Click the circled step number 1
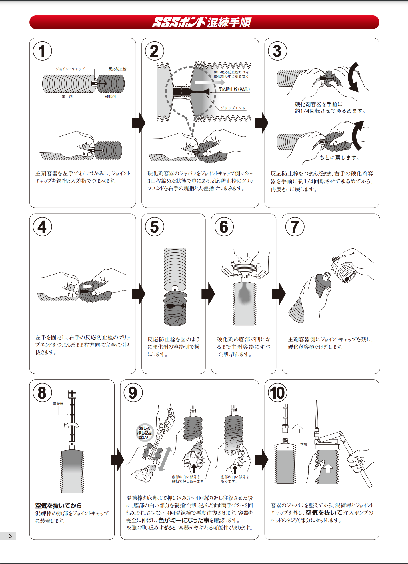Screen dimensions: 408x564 click(x=42, y=51)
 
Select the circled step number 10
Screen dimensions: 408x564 click(x=277, y=393)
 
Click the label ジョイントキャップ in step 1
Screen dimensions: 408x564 click(x=70, y=69)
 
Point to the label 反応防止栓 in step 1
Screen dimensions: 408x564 click(x=117, y=69)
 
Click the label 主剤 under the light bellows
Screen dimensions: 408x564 click(x=67, y=97)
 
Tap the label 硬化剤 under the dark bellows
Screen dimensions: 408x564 click(x=110, y=97)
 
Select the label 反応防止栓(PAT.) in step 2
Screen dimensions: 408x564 click(x=234, y=89)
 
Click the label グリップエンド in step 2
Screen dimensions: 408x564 click(x=233, y=108)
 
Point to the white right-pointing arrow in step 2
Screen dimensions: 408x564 click(x=210, y=82)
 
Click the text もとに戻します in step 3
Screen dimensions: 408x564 click(x=339, y=158)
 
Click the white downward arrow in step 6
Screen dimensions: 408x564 click(x=245, y=257)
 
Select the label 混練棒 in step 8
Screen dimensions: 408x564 click(x=58, y=404)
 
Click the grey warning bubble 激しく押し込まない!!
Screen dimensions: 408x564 click(x=145, y=433)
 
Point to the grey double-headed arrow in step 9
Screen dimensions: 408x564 click(x=165, y=459)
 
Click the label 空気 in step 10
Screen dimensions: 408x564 click(x=304, y=445)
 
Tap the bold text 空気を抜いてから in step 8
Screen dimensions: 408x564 click(x=58, y=506)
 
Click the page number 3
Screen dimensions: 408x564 click(x=10, y=536)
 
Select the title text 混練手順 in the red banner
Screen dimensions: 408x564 click(x=229, y=22)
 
